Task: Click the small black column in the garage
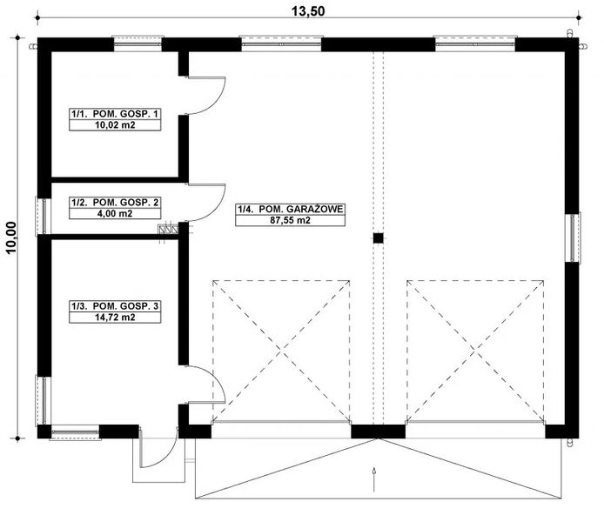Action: [x=379, y=237]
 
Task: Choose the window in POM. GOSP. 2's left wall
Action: [x=41, y=214]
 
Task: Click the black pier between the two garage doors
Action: [x=378, y=430]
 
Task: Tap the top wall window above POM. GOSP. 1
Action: [x=138, y=42]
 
